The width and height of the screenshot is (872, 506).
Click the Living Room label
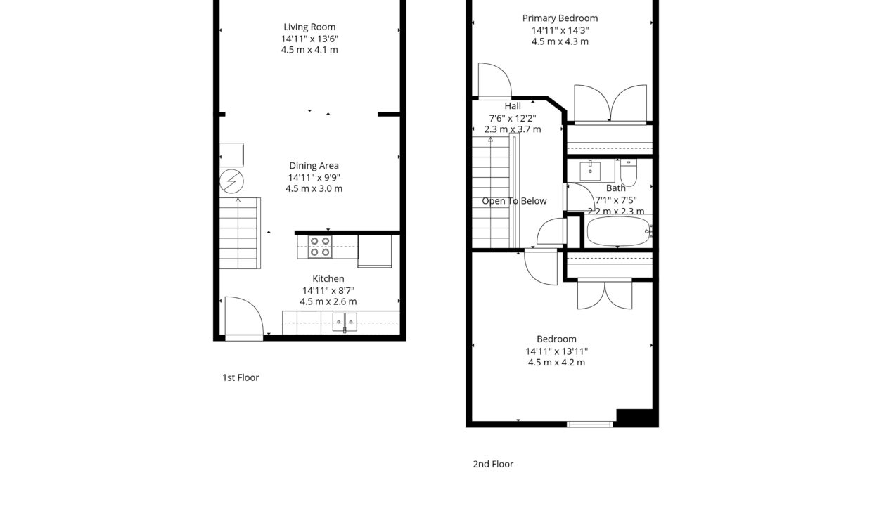(309, 27)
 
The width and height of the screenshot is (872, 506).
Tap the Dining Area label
(314, 166)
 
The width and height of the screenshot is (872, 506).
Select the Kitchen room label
(328, 279)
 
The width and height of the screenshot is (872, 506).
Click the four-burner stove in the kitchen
(320, 247)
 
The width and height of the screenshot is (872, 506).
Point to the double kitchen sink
(345, 322)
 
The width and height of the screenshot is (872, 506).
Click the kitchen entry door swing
(242, 317)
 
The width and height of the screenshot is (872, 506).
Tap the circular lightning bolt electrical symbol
(231, 182)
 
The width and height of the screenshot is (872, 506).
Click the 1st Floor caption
(241, 377)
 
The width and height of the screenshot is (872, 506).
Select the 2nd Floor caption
(493, 464)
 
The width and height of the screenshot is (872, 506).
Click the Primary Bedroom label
(560, 18)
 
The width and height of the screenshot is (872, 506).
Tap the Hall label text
(513, 106)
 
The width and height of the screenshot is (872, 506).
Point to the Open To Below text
(514, 201)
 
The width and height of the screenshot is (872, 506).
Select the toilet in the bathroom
(628, 172)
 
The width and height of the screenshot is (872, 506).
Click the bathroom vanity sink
(590, 170)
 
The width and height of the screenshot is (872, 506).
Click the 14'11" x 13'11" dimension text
(556, 351)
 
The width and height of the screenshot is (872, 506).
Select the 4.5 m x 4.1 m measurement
(309, 50)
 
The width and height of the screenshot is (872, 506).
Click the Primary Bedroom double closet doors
(610, 105)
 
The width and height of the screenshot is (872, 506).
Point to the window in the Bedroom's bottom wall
(590, 424)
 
